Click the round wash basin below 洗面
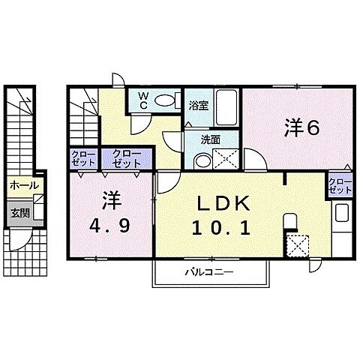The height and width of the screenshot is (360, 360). [200, 158]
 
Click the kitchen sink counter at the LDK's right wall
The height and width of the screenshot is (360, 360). [340, 224]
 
